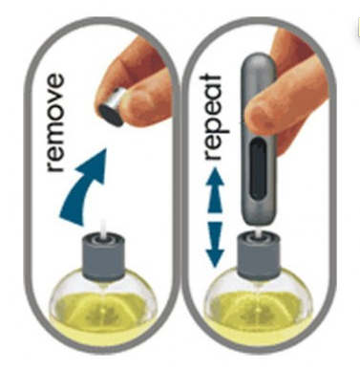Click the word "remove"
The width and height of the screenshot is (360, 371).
[55, 123]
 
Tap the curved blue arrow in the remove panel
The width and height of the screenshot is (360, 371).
[83, 188]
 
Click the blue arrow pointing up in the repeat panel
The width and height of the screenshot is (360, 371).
[216, 190]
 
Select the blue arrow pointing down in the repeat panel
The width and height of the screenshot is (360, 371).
[215, 244]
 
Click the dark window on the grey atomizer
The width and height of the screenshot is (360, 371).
[258, 169]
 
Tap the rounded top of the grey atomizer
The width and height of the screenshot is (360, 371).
[259, 60]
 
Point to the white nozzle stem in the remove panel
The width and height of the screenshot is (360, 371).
[103, 229]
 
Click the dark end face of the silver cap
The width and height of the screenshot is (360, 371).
[111, 116]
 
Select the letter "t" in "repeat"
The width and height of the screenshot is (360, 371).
[211, 80]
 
